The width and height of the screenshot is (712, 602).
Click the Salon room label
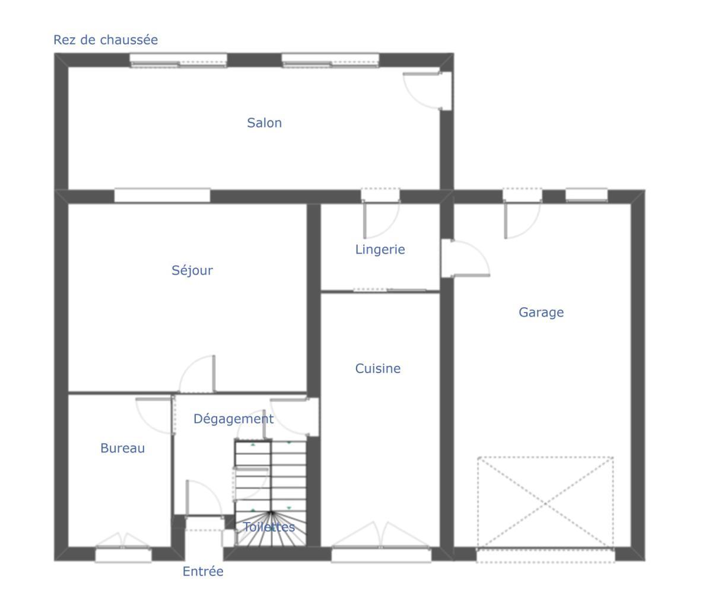[264, 123]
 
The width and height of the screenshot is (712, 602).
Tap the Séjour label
[192, 270]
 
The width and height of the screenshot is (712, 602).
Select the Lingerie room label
[380, 250]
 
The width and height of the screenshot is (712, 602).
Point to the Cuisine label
[378, 369]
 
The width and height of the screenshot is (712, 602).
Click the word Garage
[541, 313]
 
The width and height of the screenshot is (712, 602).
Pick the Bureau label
[123, 448]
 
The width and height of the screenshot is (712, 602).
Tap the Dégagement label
[234, 419]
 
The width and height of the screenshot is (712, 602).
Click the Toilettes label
[269, 527]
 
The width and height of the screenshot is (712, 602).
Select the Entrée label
[203, 571]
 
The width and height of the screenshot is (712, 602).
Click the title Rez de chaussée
[106, 40]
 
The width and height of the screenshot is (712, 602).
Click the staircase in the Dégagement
[271, 493]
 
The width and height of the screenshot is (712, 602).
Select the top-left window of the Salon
[178, 60]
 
